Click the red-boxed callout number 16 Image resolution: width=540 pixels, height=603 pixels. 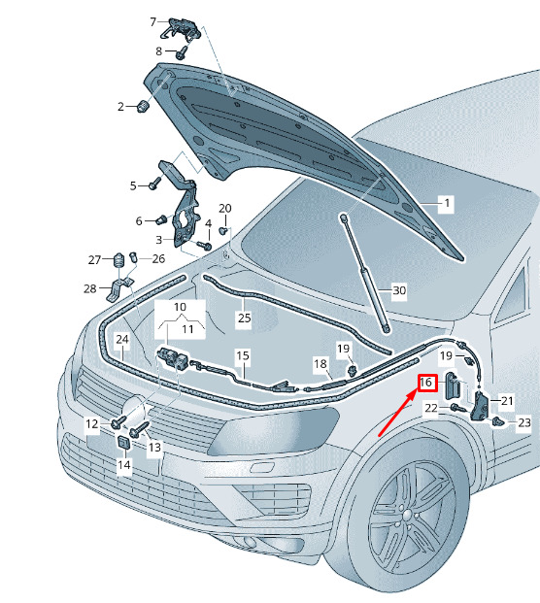(427, 383)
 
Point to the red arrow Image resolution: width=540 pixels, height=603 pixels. (397, 413)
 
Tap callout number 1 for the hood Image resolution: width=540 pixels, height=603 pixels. (447, 203)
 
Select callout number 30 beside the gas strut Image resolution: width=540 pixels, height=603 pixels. (399, 290)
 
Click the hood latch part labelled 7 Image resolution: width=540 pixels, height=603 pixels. (181, 28)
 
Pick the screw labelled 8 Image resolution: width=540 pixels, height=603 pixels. (183, 52)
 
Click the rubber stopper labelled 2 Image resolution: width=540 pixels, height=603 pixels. (143, 106)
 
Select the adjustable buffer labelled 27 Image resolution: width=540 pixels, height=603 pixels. (119, 261)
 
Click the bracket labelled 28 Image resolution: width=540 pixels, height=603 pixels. (120, 289)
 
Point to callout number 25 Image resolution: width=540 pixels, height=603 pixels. (244, 318)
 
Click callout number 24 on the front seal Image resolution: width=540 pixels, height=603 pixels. (122, 339)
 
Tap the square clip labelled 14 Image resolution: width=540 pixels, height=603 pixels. (124, 443)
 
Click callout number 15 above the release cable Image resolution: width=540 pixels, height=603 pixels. (243, 355)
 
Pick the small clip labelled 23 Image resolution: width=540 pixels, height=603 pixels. (498, 421)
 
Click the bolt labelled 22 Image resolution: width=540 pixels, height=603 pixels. (457, 408)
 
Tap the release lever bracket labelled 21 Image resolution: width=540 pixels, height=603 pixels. (479, 406)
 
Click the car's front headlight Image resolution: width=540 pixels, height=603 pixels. (274, 431)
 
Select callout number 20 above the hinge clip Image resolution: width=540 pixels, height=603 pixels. (225, 209)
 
